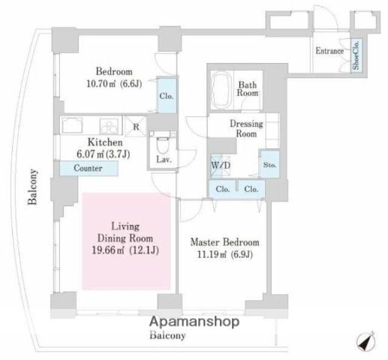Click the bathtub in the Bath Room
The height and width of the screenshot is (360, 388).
click(221, 90)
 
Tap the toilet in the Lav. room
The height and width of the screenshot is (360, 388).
click(163, 145)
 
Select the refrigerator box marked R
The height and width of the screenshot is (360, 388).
click(136, 126)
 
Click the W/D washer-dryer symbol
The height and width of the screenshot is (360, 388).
click(220, 166)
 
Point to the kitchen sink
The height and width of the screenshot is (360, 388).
click(72, 125)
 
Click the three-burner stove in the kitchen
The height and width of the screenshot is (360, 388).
click(109, 126)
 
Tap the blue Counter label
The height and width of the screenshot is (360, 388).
click(89, 168)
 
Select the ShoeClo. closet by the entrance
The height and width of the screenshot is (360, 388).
click(356, 55)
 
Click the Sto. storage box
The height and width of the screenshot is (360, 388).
click(269, 164)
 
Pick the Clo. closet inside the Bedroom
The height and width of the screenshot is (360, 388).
click(167, 95)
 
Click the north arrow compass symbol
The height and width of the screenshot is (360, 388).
click(366, 341)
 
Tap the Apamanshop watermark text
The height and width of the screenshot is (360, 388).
click(194, 322)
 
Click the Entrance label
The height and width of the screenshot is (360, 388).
click(329, 51)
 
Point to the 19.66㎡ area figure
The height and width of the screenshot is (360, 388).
click(104, 250)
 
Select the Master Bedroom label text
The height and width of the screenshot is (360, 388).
click(224, 242)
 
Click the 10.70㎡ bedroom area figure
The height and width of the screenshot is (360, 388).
click(101, 83)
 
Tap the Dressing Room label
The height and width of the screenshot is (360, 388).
click(246, 128)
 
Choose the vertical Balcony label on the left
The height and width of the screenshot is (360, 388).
click(32, 187)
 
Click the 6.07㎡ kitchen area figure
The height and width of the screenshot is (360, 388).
click(90, 154)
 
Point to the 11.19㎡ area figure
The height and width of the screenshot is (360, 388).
click(212, 254)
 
